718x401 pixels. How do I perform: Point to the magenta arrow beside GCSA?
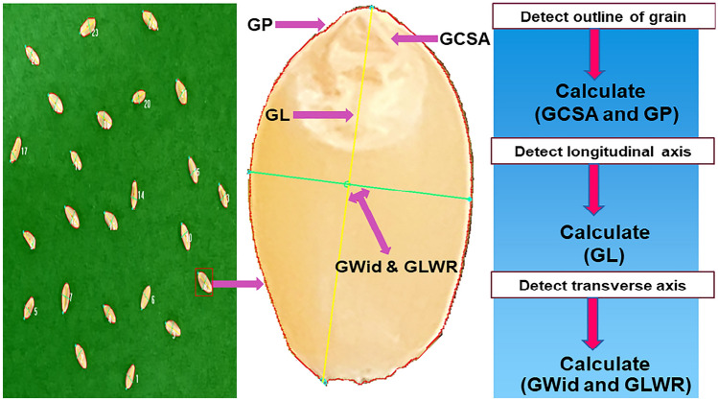[413, 39]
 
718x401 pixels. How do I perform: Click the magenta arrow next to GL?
[325, 115]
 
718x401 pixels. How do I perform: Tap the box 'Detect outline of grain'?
[596, 16]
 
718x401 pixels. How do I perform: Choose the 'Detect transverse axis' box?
[596, 285]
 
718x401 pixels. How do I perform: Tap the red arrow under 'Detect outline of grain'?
[596, 54]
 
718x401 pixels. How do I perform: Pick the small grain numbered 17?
[15, 149]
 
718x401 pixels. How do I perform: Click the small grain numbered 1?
[129, 375]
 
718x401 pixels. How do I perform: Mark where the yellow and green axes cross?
[348, 183]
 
